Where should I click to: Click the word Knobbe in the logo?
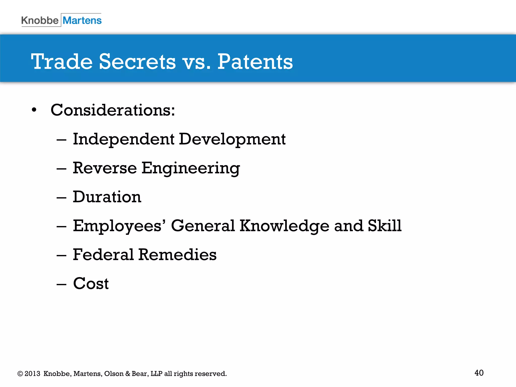(40, 20)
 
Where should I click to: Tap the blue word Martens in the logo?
(82, 20)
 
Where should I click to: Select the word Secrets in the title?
(137, 62)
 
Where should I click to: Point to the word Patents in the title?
(255, 62)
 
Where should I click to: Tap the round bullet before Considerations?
(34, 110)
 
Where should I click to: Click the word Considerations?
(113, 110)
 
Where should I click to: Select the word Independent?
(123, 139)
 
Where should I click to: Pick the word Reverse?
(105, 168)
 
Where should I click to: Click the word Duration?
(107, 197)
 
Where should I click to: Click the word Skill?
(384, 225)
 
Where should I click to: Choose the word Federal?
(103, 254)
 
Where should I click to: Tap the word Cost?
(91, 283)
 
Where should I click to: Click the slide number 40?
(479, 373)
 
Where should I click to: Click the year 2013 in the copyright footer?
(32, 374)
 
